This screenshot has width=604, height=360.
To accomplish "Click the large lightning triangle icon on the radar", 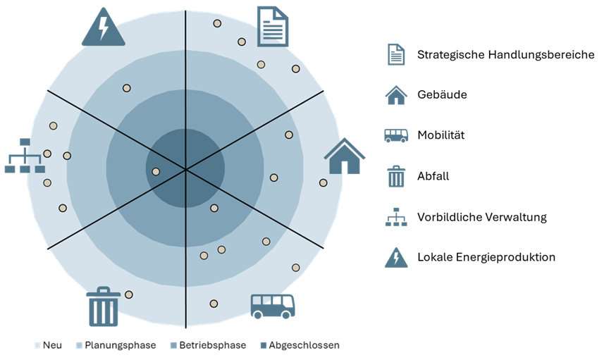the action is coord(103,27).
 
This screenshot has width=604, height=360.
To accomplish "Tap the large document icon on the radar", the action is coord(273,26).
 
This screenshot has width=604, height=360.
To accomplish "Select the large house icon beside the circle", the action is coord(345,156).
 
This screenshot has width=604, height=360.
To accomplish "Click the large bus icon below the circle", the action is coord(273,306).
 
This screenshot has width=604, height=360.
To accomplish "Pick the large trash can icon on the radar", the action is coord(103,306).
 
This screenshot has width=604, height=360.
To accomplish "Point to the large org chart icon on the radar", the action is coord(25,156).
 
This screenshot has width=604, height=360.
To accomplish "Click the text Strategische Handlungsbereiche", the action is coord(506,55).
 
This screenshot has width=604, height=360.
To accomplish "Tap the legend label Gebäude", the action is coord(442,94).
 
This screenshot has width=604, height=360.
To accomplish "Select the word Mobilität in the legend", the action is coord(441,135).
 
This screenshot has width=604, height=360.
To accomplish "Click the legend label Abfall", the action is coord(433,176).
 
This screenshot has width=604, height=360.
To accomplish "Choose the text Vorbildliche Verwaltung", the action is coord(482,217).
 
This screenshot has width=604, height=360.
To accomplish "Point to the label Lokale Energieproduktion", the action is coord(486,257).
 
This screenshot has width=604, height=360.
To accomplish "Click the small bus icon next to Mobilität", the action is coord(396,135).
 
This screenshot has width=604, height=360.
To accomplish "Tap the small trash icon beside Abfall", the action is coord(396,176).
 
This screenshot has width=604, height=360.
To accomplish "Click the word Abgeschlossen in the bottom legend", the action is coord(304,345).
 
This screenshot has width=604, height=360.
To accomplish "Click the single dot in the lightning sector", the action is coord(126,88).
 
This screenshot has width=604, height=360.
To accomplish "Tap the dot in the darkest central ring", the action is coord(156,172).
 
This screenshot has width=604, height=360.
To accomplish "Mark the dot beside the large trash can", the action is coord(129,294).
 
